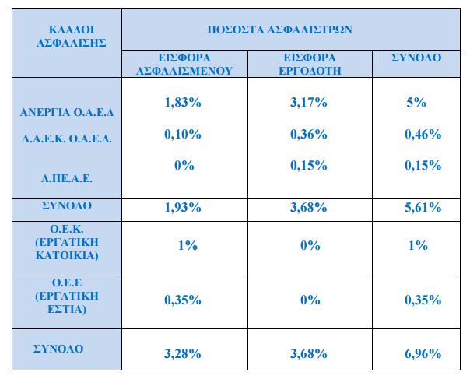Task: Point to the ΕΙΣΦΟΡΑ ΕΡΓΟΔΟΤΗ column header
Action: (x=310, y=64)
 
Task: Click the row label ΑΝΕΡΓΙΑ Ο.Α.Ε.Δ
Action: (x=67, y=112)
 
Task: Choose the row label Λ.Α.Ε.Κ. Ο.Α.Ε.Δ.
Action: (x=67, y=140)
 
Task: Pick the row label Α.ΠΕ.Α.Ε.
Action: (x=67, y=178)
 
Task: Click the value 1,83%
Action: (x=184, y=103)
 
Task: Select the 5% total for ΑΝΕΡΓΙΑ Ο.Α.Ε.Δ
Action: (x=418, y=103)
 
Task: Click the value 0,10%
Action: (x=184, y=135)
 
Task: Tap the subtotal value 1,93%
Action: (x=184, y=208)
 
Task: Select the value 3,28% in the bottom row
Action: (x=184, y=353)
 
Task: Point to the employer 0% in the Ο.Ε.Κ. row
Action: (x=310, y=245)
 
